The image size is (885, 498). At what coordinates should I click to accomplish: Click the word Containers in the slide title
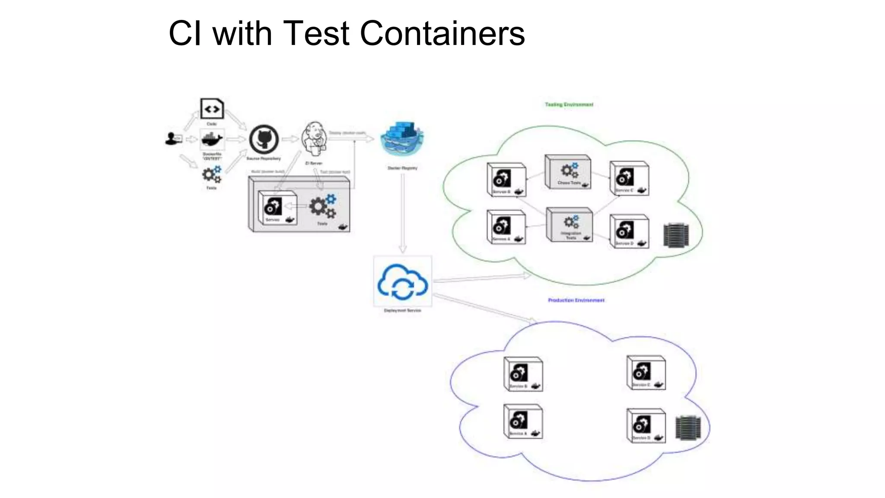pos(442,33)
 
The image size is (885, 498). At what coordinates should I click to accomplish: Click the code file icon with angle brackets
pos(212,109)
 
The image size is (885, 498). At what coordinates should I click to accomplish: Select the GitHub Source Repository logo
pos(264,139)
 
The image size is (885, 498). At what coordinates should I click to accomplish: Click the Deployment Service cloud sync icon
pos(403,281)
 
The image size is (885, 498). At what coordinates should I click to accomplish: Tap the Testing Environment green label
pos(569,105)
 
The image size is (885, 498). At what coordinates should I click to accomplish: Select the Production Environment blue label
pos(576,300)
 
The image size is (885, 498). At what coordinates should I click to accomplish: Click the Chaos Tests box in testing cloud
pos(568,172)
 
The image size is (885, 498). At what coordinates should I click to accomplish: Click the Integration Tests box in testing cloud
pos(570,224)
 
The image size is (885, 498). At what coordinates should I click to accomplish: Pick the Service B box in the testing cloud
pos(506,180)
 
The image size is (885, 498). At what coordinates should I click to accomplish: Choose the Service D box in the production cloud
pos(646,426)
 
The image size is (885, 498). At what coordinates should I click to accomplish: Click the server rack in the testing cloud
pos(676,235)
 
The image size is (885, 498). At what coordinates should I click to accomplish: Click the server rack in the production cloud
pos(688,428)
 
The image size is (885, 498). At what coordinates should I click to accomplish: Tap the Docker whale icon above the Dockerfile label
pos(212,140)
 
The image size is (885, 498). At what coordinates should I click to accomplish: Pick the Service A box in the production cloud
pos(523,422)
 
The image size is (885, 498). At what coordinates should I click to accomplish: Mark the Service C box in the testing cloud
pos(629,179)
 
